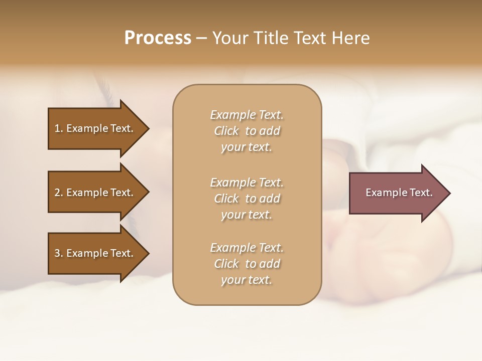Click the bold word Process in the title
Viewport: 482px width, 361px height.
coord(158,38)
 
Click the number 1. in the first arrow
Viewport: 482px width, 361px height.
coord(59,128)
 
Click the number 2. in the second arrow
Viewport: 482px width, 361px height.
coord(59,193)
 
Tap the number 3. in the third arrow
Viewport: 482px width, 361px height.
coord(59,253)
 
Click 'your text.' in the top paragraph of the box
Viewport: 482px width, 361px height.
coord(247,147)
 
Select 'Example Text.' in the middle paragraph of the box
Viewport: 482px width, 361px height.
coord(247,183)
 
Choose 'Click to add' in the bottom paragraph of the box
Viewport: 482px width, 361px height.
coord(247,264)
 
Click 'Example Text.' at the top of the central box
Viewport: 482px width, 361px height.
coord(247,115)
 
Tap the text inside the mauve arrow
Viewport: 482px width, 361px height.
coord(399,193)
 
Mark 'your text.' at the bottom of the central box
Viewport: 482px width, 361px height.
coord(247,280)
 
